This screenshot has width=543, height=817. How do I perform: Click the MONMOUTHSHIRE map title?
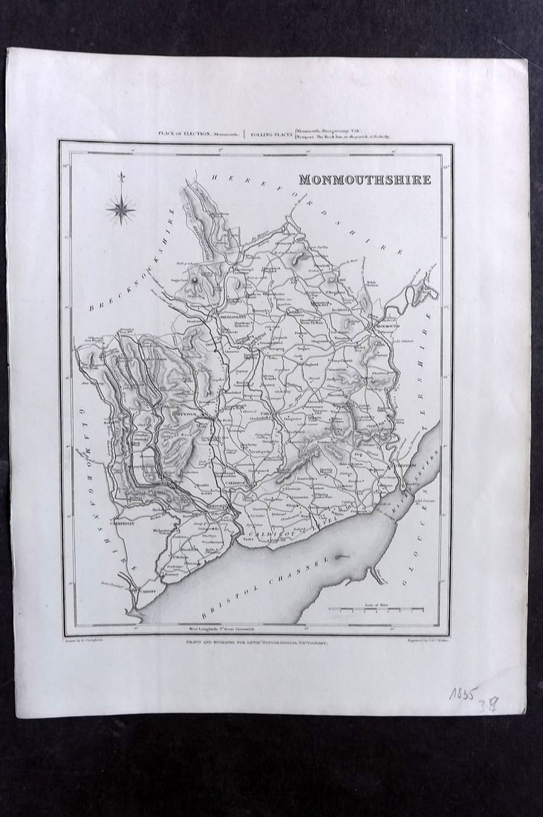click(x=365, y=180)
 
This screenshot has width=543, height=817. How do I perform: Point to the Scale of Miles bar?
click(x=377, y=611)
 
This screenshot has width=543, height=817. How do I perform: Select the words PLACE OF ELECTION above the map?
click(x=181, y=134)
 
